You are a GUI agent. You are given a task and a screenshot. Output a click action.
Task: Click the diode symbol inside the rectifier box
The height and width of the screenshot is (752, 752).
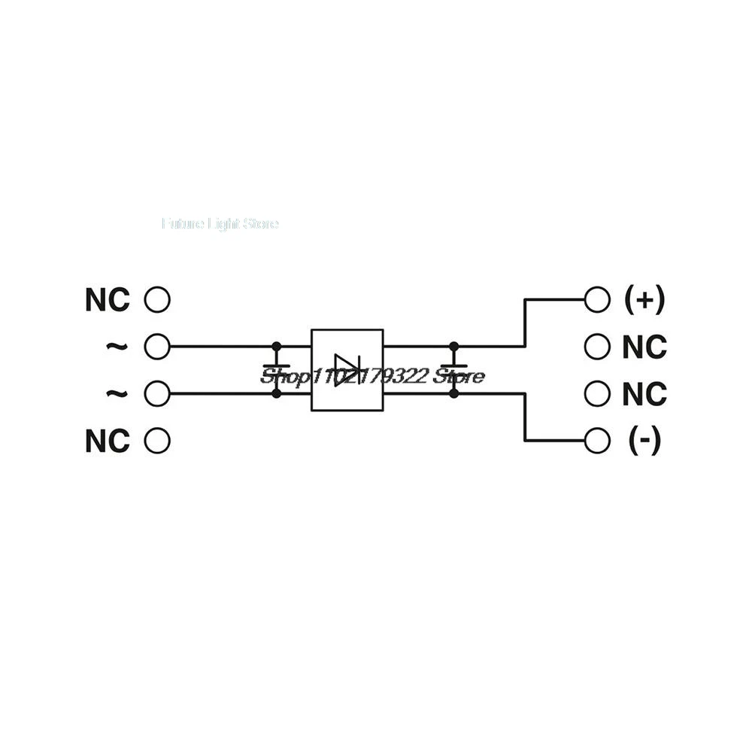(x=347, y=370)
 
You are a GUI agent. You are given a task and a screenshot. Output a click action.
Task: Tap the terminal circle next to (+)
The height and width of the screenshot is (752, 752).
(x=596, y=299)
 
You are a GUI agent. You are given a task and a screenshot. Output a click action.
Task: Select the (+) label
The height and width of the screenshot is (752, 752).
(x=644, y=300)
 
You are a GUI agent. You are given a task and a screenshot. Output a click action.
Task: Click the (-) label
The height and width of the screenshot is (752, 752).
(x=644, y=441)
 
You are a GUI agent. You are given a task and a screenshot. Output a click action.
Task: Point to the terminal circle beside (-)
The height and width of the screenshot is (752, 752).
(x=596, y=441)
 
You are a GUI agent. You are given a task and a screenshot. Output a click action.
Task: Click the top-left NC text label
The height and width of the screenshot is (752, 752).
(x=107, y=300)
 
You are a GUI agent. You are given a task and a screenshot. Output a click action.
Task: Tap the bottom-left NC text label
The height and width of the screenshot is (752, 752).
(x=107, y=441)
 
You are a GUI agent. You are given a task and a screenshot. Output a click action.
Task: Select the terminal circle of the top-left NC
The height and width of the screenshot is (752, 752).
(x=156, y=300)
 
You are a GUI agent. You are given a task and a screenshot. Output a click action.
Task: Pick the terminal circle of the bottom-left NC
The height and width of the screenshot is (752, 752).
(x=156, y=441)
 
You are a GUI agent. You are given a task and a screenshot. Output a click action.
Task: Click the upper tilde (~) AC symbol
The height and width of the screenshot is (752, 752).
(x=116, y=346)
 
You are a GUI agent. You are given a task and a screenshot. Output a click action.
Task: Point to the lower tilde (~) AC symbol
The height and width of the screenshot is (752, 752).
(x=116, y=393)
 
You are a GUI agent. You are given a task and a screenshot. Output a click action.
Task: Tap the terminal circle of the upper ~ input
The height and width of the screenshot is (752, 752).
(x=156, y=347)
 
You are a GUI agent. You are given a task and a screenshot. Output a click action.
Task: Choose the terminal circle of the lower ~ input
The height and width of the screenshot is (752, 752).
(x=156, y=393)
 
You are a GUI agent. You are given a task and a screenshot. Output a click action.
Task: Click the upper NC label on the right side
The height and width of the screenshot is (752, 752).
(x=644, y=347)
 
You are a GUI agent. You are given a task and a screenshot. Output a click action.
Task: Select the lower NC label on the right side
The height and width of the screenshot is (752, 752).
(x=644, y=394)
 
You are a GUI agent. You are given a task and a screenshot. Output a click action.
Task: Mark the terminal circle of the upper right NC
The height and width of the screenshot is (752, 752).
(x=596, y=347)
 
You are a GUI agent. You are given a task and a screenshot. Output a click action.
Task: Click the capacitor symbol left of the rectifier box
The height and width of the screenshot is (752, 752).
(x=276, y=369)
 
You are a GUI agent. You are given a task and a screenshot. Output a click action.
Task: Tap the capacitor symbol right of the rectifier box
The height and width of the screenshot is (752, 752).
(x=453, y=369)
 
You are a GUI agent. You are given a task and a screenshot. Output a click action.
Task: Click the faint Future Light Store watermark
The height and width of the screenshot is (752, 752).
(x=220, y=223)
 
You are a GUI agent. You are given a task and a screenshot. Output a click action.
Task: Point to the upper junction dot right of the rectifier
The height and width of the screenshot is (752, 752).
(x=453, y=347)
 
